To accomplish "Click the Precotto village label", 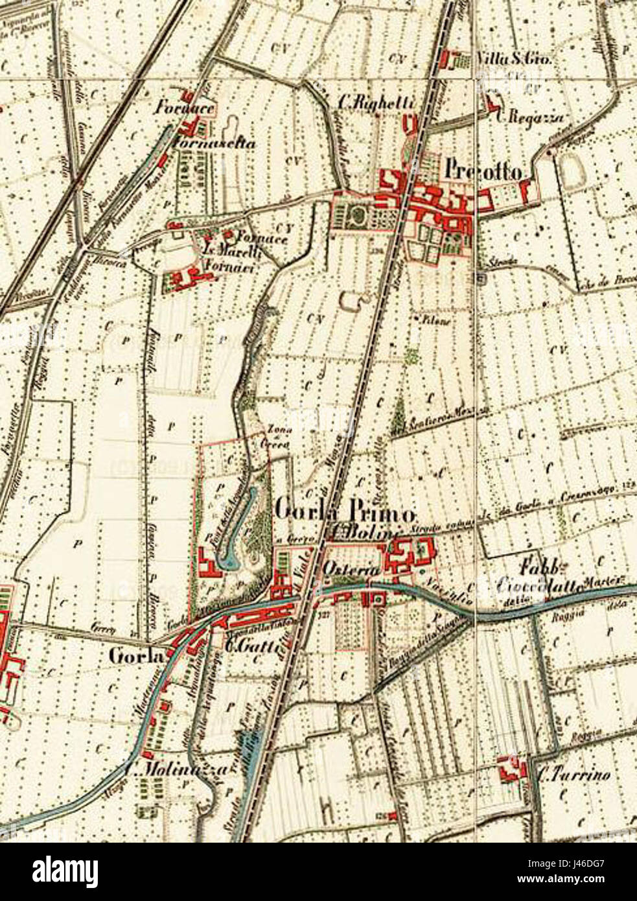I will pyautogui.click(x=485, y=171).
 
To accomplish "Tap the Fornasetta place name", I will pyautogui.click(x=213, y=144).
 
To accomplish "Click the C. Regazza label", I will pyautogui.click(x=531, y=117).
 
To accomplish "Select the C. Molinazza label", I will pyautogui.click(x=176, y=771).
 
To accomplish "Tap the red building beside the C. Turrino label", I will pyautogui.click(x=509, y=771).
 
